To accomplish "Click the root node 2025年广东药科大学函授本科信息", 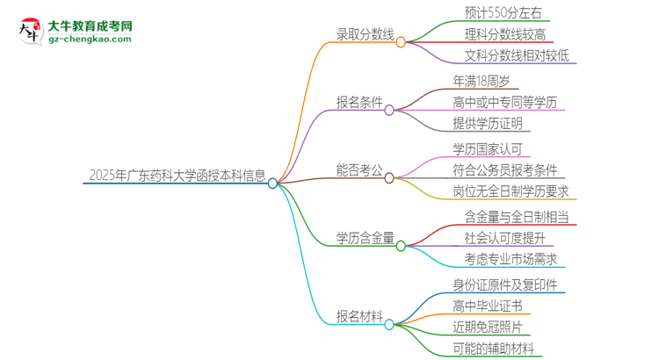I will [x=176, y=174].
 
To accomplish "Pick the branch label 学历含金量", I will [x=364, y=238].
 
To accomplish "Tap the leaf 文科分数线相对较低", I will [x=518, y=57].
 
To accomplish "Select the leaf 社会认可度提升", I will [x=506, y=238].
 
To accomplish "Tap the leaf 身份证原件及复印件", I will [x=505, y=284].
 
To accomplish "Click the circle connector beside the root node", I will [x=272, y=184].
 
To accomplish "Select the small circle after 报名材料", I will [x=389, y=324].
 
